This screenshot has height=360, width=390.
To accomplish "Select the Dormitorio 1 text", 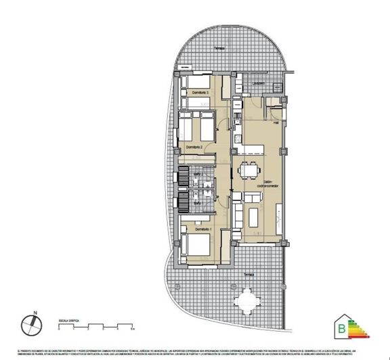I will (x=204, y=230).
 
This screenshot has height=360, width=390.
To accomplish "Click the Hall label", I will (x=276, y=123).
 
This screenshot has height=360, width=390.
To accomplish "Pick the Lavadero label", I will (x=259, y=83).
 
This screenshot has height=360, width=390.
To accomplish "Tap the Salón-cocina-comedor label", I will (x=254, y=184).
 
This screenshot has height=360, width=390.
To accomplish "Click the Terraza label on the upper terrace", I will (x=218, y=48).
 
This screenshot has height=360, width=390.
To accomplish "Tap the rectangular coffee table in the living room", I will (x=255, y=217).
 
